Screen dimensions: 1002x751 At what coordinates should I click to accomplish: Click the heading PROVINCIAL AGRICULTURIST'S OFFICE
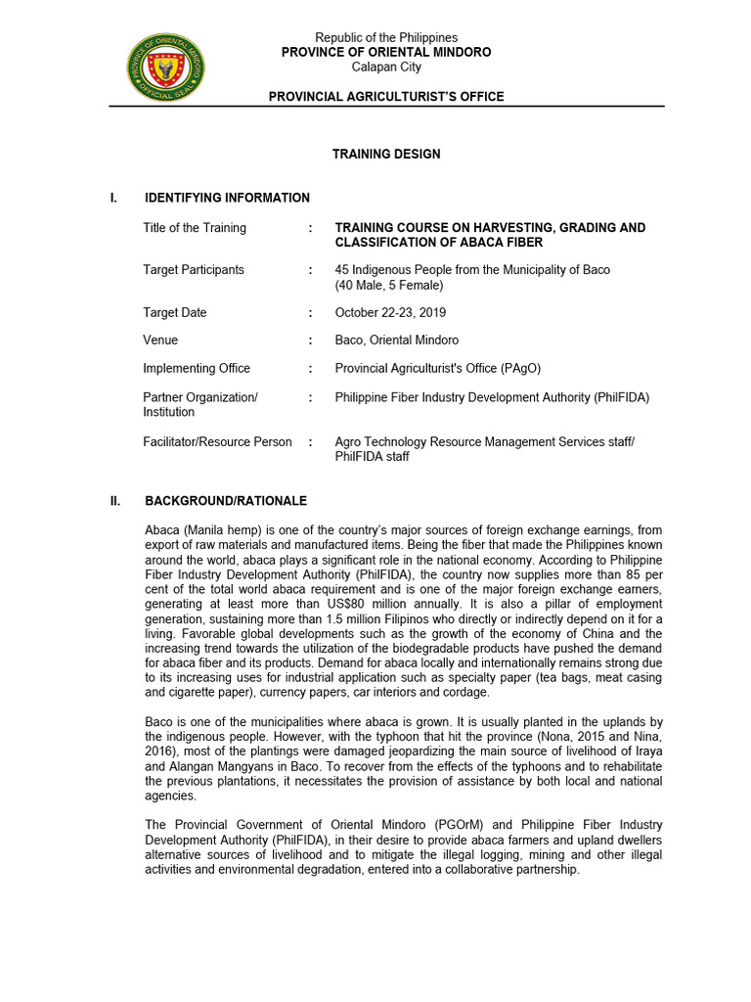[x=386, y=97]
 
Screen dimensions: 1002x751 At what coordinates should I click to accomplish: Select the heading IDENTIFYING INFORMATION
[x=227, y=198]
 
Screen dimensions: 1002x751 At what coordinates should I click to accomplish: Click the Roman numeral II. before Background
[x=115, y=501]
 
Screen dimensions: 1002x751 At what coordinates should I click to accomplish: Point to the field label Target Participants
[x=194, y=270]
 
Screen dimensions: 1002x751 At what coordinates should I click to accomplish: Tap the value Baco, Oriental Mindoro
[x=396, y=341]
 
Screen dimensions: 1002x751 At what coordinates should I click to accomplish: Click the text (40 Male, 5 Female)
[x=388, y=285]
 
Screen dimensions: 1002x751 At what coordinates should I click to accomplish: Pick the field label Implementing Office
[x=197, y=369]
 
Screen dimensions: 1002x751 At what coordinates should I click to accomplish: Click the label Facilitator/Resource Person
[x=217, y=442]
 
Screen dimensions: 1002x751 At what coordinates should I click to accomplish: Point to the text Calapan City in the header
[x=386, y=67]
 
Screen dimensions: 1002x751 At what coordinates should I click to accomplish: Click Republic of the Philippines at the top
[x=386, y=38]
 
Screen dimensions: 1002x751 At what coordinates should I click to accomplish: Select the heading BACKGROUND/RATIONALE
[x=226, y=501]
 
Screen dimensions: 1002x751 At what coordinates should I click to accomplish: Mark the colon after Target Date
[x=310, y=313]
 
